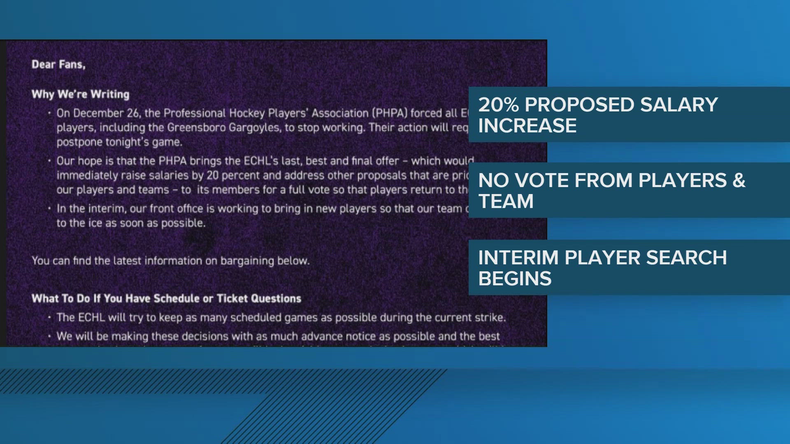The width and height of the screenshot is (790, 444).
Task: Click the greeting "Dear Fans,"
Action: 58,65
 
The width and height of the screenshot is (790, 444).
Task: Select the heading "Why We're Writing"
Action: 81,94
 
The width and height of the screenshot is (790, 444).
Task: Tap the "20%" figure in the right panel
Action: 498,105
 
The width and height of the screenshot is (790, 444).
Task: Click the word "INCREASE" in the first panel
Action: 527,126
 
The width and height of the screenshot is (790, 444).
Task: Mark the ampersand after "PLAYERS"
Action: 739,180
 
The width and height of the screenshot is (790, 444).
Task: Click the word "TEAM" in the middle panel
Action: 506,201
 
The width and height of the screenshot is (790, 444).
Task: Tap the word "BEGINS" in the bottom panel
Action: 515,279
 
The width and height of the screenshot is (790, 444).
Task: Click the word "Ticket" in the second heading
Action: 232,298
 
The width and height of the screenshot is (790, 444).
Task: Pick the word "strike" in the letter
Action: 489,317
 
